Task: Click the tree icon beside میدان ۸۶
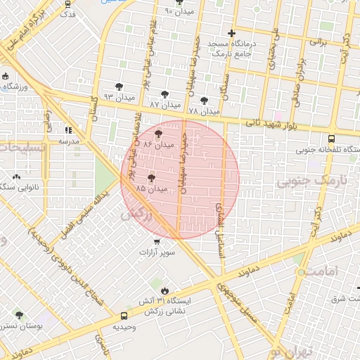coord(158,131)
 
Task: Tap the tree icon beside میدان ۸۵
coord(151,177)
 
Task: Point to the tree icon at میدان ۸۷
coord(165,94)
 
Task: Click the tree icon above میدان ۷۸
coord(205,101)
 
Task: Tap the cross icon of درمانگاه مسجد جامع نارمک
coord(232,33)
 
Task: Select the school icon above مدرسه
coord(68,130)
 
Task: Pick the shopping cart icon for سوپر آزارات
coord(144,241)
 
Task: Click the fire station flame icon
coord(165,289)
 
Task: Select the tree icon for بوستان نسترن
coord(18,316)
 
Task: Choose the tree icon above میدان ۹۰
coord(179,2)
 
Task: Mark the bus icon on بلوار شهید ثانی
coord(331,139)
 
